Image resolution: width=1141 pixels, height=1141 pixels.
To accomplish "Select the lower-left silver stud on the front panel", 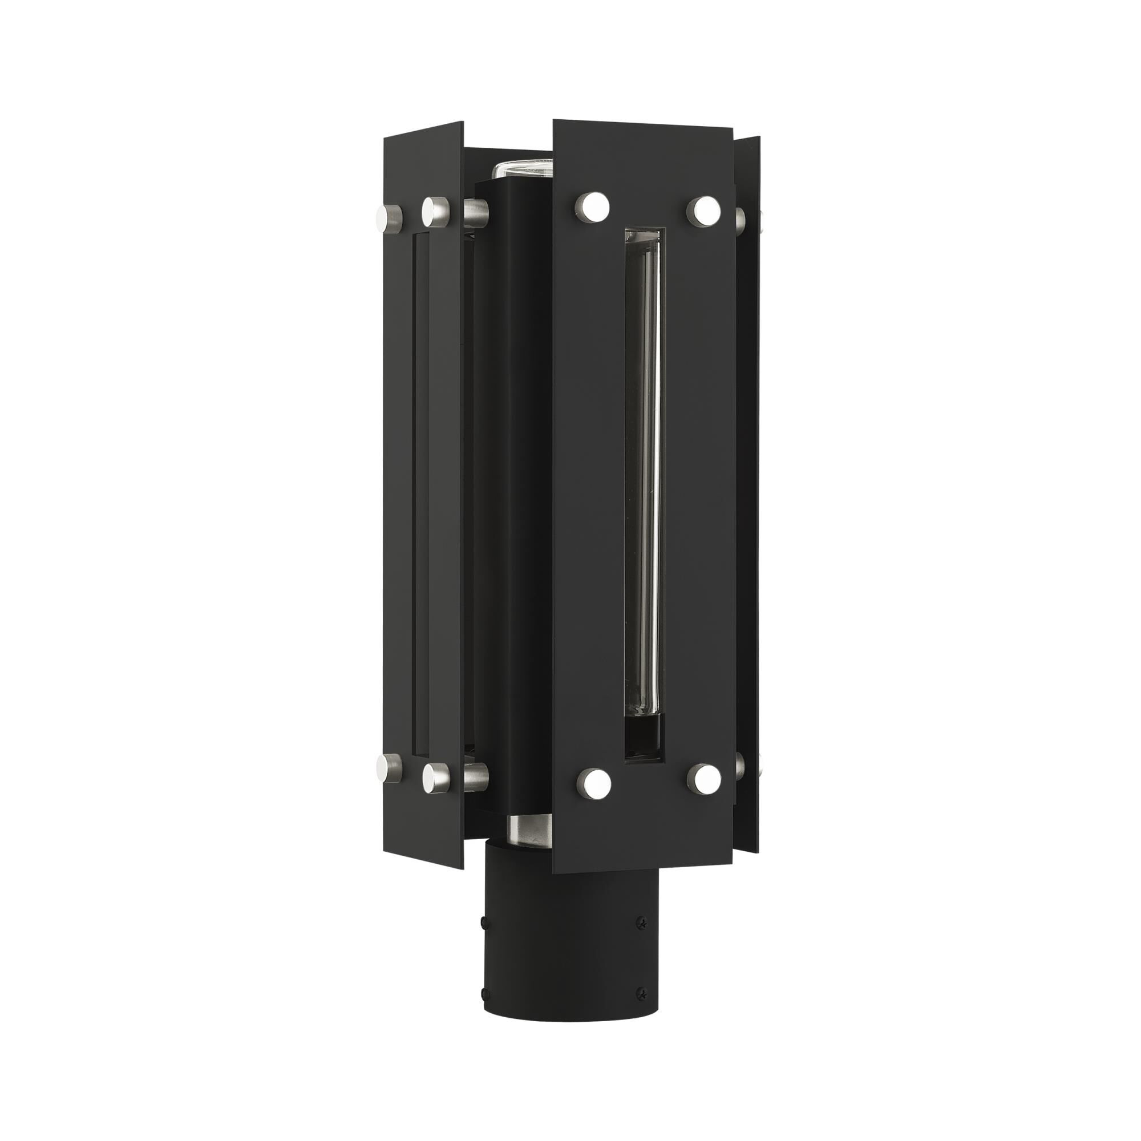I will (x=593, y=784).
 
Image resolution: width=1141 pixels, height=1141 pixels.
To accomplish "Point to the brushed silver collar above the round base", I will (x=529, y=831).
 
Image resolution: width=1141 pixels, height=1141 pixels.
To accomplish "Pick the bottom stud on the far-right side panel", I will (x=741, y=766).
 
